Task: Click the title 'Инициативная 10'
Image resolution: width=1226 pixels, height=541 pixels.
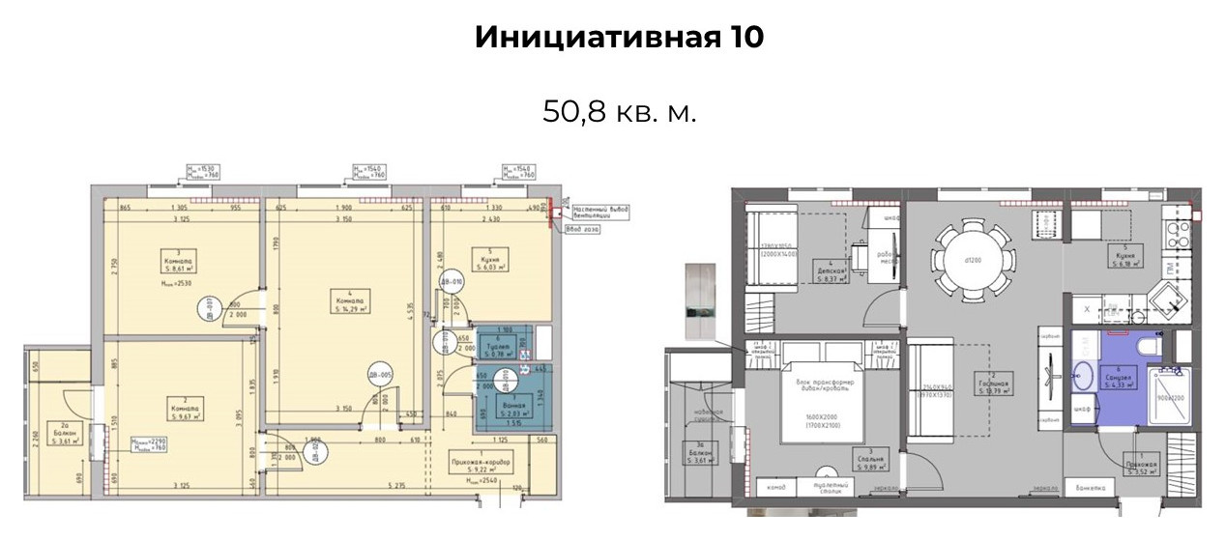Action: (619, 38)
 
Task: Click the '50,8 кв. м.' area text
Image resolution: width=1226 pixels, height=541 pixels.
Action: (619, 111)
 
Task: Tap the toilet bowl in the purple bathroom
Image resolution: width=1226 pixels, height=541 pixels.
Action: (1147, 347)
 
